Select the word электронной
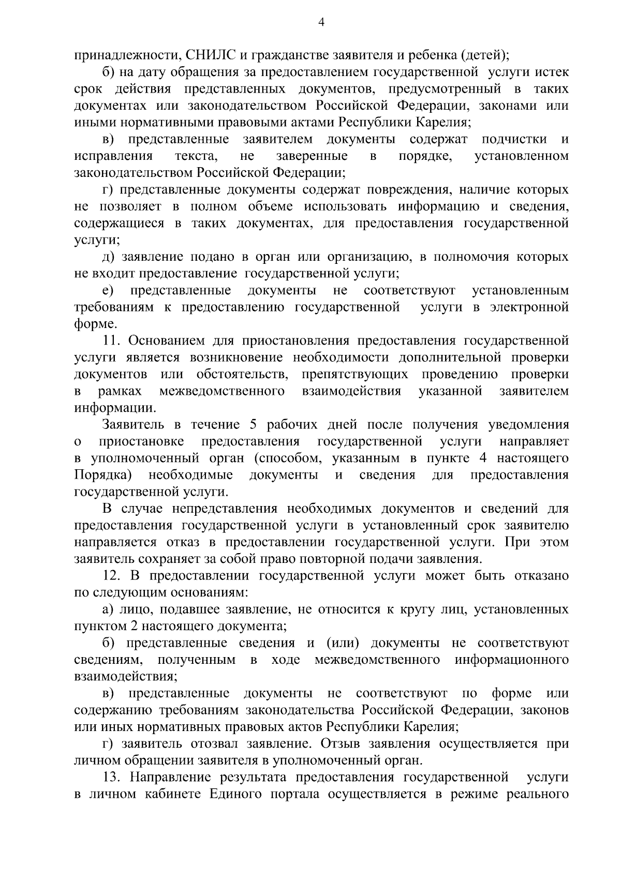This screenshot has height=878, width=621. [528, 307]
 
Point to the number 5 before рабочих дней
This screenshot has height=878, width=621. [253, 425]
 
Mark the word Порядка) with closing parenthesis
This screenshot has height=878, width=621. [101, 475]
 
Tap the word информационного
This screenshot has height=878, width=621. [512, 660]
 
